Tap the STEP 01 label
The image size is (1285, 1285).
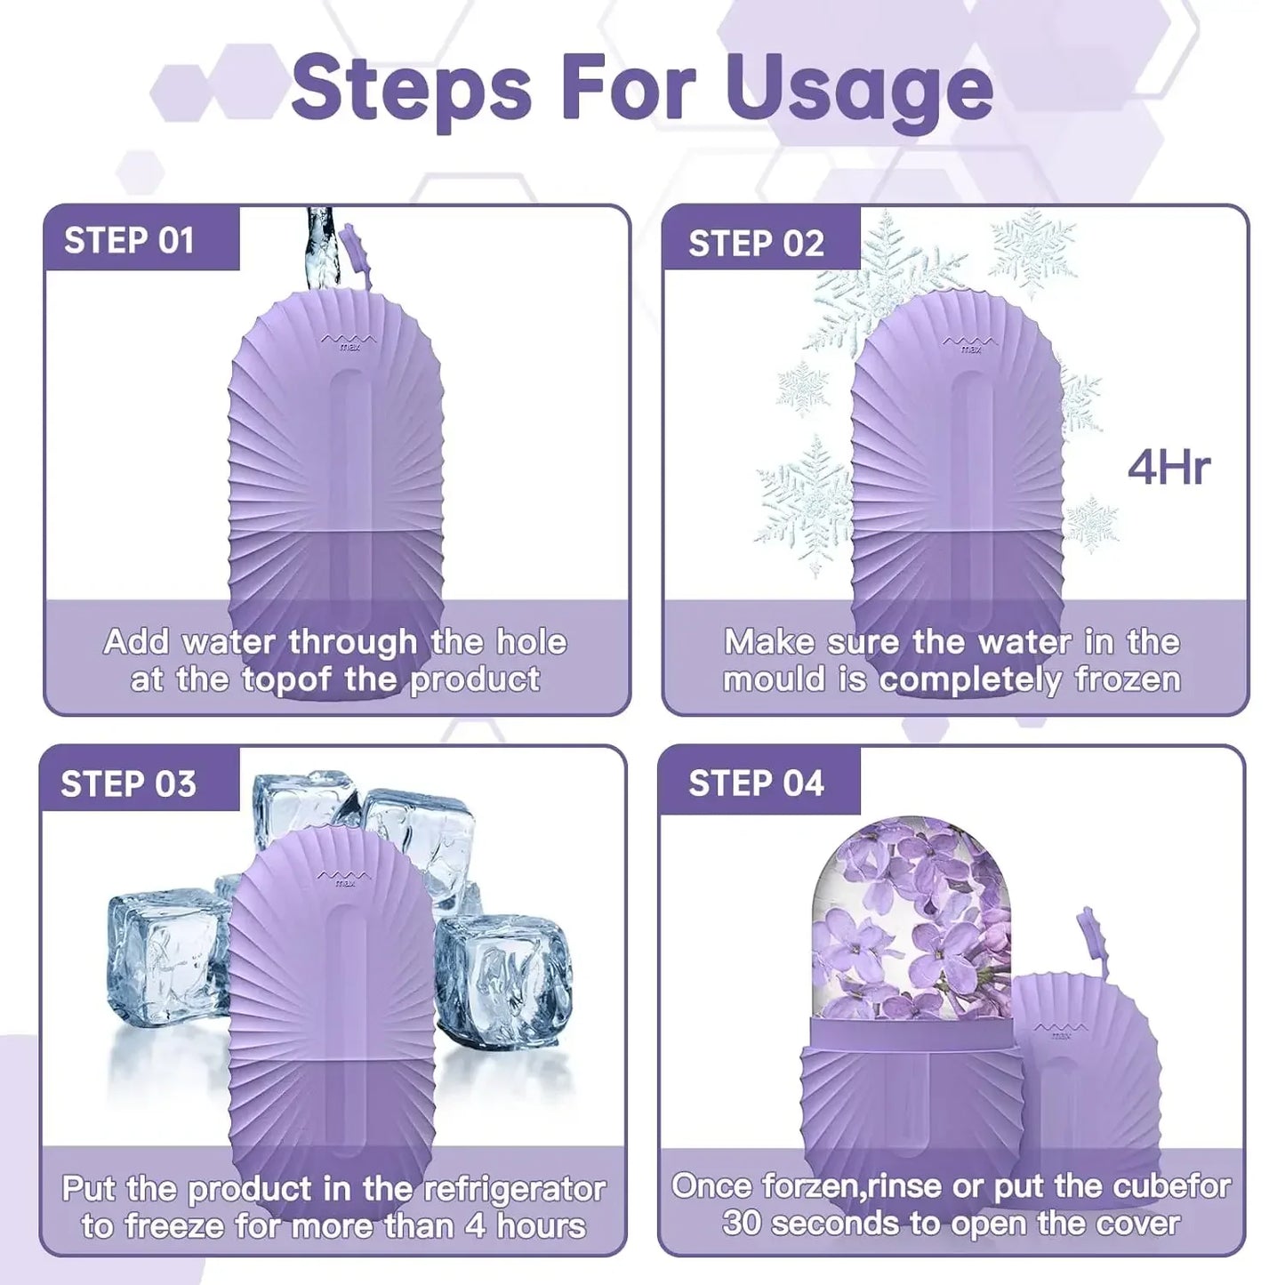pyautogui.click(x=129, y=240)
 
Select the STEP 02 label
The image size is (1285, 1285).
pyautogui.click(x=756, y=244)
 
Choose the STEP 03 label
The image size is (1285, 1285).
pyautogui.click(x=128, y=784)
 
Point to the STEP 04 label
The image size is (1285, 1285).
pyautogui.click(x=756, y=783)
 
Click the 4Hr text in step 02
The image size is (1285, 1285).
pyautogui.click(x=1169, y=468)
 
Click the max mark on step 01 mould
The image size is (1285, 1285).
pyautogui.click(x=349, y=341)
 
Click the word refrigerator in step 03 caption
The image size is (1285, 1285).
pyautogui.click(x=514, y=1189)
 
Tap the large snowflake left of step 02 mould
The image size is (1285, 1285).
pyautogui.click(x=805, y=502)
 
